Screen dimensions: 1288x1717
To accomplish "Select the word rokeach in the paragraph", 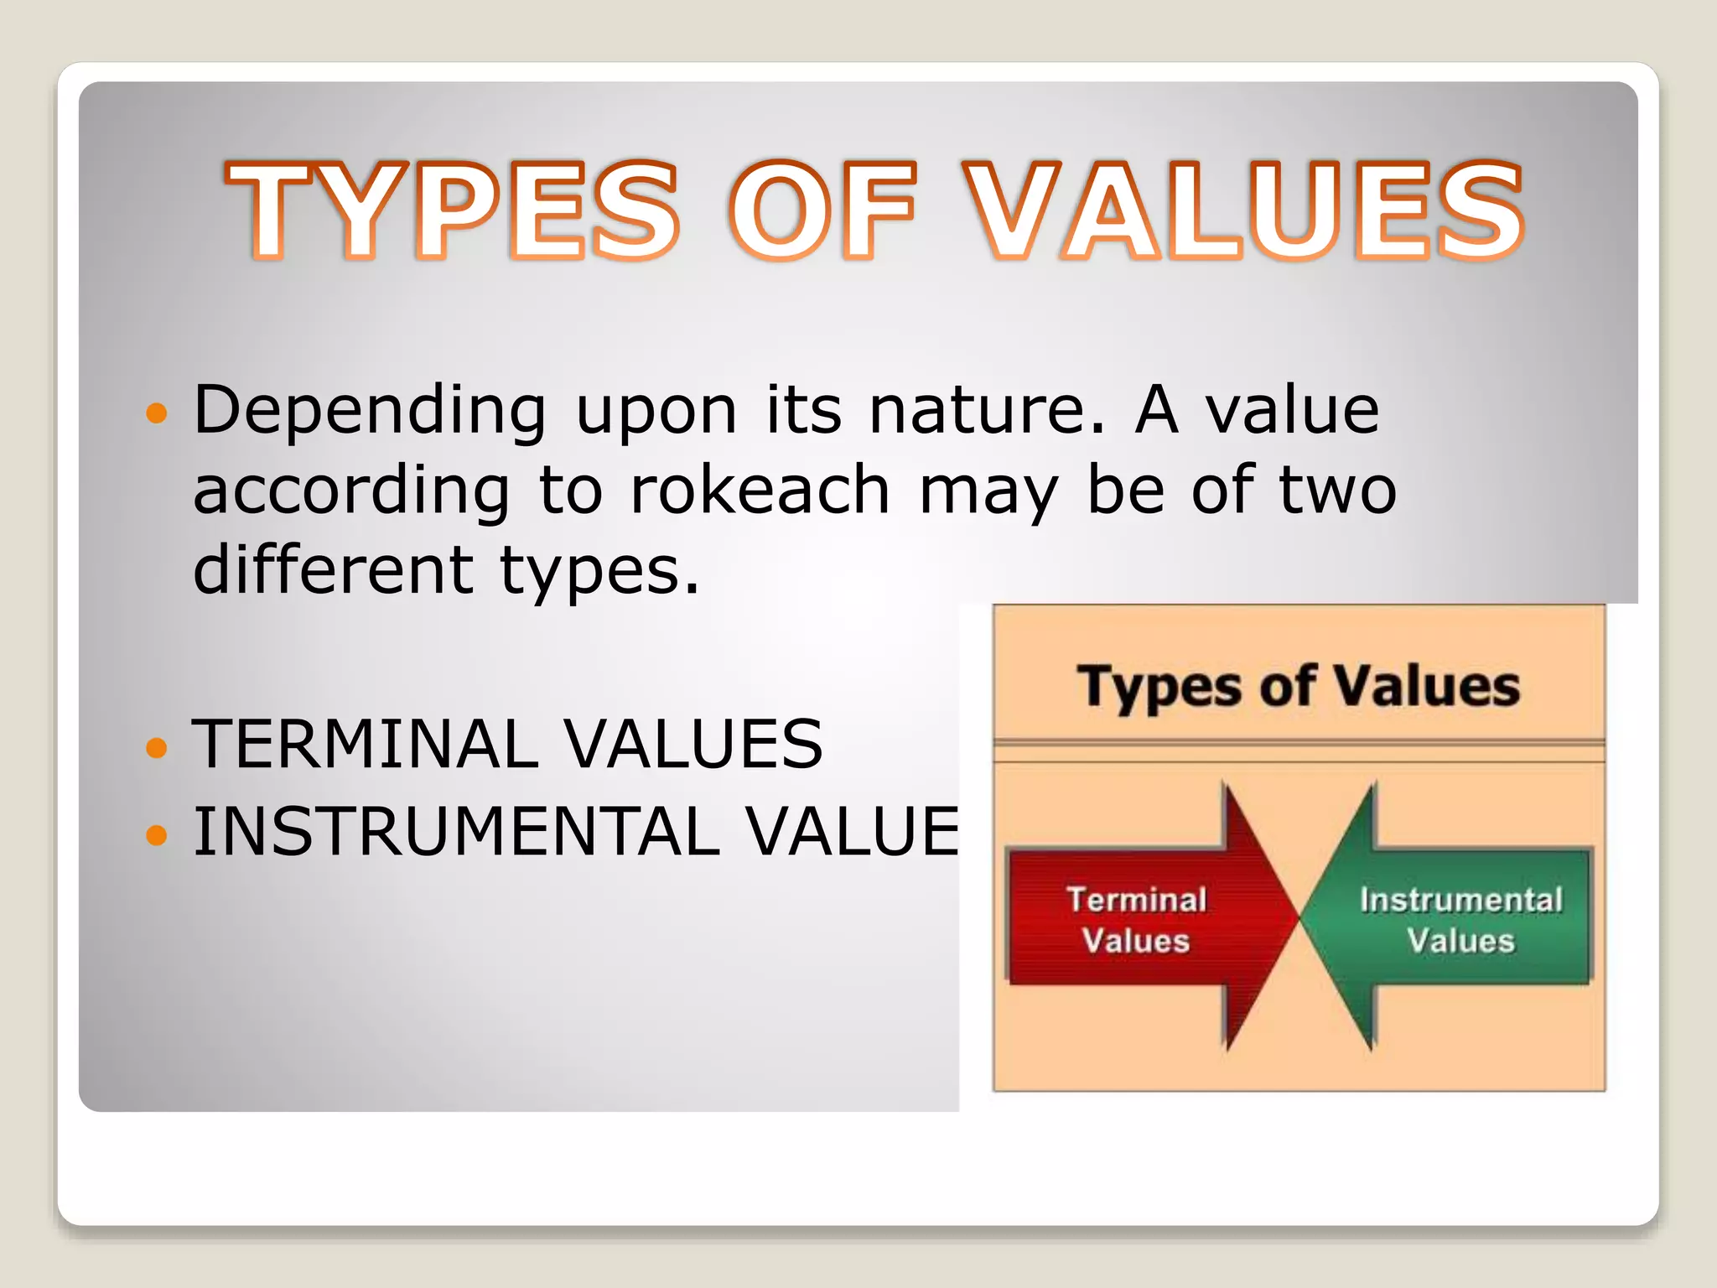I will coord(760,490).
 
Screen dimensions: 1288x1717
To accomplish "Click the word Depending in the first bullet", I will coord(370,411).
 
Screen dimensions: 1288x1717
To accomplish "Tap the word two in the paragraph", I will coord(1338,490).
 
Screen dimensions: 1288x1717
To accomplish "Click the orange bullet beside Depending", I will coord(157,413).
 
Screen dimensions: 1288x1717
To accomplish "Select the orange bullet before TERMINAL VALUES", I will coord(157,746).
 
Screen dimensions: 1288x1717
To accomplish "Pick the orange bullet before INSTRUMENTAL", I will coord(157,834).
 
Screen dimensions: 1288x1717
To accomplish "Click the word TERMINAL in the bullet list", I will coord(365,745).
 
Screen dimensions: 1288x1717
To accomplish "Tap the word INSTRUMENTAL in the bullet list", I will coord(457,832).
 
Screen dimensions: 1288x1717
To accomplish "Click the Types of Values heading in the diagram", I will coord(1298,686).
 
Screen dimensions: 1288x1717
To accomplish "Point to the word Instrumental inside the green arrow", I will coord(1460,900).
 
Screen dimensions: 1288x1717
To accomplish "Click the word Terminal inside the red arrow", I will coord(1136,900).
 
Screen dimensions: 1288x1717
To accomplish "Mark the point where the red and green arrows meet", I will coord(1300,919).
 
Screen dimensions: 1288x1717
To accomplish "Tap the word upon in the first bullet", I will coord(656,411).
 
